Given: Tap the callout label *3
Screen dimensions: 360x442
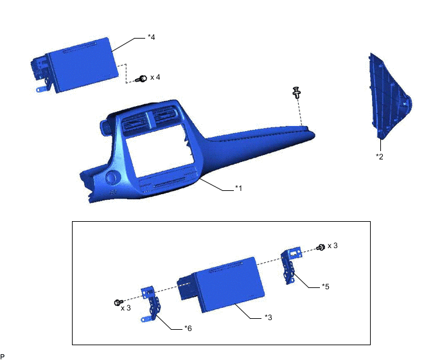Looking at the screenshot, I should pos(268,317).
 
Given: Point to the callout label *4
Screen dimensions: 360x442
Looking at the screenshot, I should pos(151,37).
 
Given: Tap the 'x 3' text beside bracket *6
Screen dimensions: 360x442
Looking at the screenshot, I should pos(127,308).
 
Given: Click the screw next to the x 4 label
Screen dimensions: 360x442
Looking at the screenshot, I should pos(143,78).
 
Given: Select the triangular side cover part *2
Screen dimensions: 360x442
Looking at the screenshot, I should pos(387,96).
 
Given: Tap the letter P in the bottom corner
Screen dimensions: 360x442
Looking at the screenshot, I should pos(3,355).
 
